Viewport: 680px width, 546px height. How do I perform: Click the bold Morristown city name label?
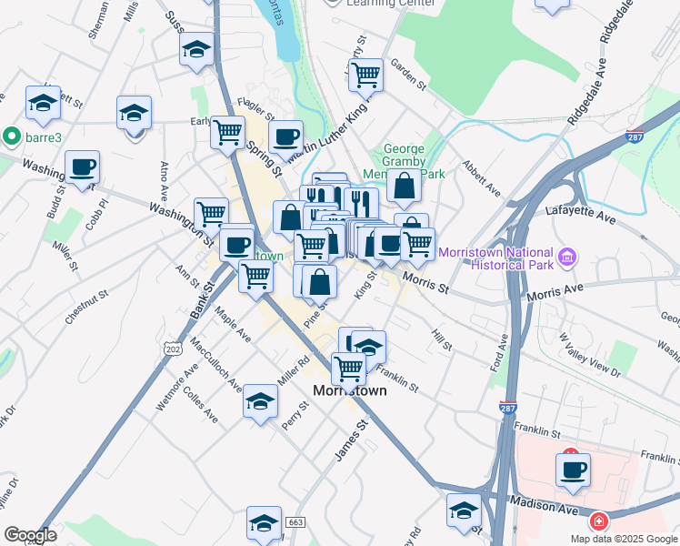point(349,390)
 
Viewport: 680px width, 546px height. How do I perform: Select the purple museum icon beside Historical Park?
point(568,258)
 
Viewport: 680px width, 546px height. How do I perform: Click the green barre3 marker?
point(12,136)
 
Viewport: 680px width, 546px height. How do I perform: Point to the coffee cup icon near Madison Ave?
point(573,470)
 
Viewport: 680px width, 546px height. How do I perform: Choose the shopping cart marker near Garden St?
point(365,76)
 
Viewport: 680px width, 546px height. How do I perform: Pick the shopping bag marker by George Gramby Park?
point(404,187)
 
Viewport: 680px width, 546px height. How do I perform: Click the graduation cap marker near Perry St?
point(260,401)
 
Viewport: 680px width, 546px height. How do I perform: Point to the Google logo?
point(30,535)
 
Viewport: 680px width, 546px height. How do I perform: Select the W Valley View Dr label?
point(591,354)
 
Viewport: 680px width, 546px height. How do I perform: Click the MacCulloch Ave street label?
point(215,365)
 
